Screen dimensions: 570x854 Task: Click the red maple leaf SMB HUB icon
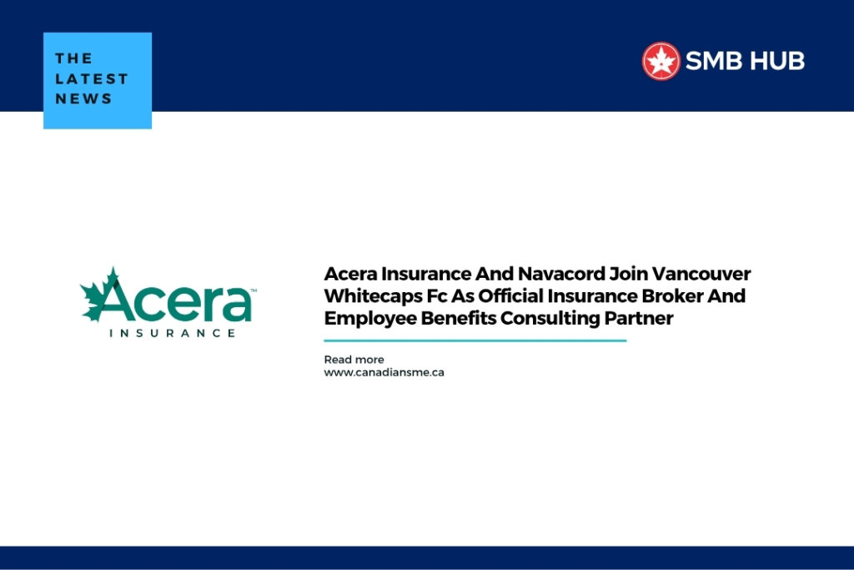point(661,61)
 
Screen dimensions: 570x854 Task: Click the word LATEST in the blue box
point(92,78)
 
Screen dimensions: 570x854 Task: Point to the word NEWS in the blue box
point(83,98)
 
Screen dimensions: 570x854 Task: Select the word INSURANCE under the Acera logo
point(173,332)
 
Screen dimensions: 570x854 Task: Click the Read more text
point(354,360)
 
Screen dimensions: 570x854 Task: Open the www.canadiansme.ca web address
point(384,372)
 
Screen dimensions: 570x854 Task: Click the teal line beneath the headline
point(475,340)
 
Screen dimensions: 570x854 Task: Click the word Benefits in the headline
point(456,318)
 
